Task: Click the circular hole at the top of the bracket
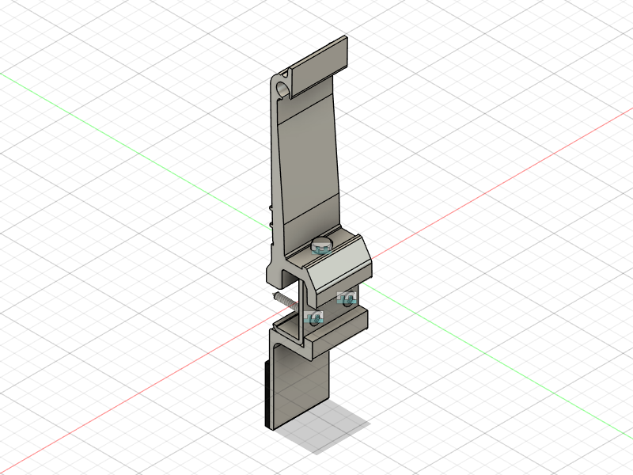click(x=282, y=86)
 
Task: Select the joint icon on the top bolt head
click(x=322, y=249)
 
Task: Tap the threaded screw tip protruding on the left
click(x=281, y=298)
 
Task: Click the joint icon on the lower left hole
click(x=313, y=319)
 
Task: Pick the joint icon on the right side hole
click(x=347, y=298)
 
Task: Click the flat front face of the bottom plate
click(x=301, y=388)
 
